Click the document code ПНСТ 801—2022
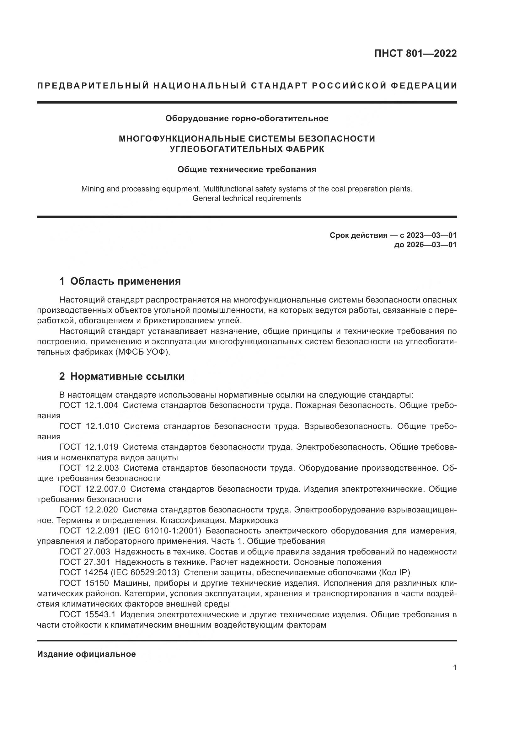click(x=415, y=53)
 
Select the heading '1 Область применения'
click(x=120, y=281)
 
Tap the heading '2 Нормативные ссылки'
click(x=122, y=376)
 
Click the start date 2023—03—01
click(x=431, y=235)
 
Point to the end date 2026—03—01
click(x=431, y=245)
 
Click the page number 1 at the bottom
click(x=455, y=668)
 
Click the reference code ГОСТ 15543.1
click(x=88, y=614)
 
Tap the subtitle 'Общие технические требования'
click(x=247, y=169)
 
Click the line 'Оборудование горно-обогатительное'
click(x=247, y=119)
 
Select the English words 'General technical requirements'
click(x=247, y=198)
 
